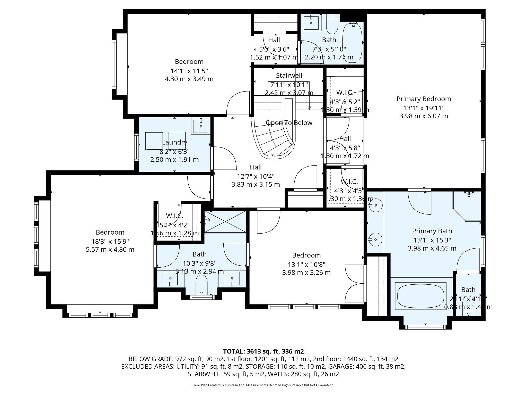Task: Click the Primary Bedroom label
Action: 424,99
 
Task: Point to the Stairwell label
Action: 289,76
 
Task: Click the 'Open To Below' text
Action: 289,123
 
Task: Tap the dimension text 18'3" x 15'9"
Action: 110,241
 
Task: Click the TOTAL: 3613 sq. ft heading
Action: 263,351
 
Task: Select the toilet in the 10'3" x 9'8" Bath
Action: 201,285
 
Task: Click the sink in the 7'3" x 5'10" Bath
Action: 311,23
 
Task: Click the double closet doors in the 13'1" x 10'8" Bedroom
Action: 355,284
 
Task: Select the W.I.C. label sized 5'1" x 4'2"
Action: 174,216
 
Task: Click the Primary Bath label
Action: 432,231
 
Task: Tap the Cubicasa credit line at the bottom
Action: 263,385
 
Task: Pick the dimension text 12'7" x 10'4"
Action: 256,176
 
